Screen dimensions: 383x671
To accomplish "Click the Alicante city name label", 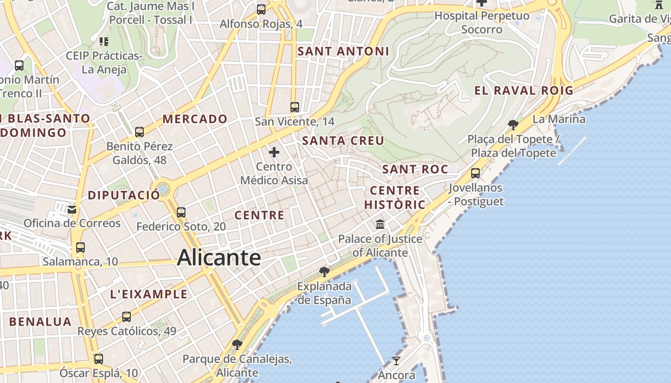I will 219,258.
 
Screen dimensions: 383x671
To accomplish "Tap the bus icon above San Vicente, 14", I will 295,107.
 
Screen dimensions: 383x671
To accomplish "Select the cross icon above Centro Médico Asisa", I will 274,152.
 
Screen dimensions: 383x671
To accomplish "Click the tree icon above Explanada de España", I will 324,272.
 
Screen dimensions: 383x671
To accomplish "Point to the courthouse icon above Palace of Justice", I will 381,224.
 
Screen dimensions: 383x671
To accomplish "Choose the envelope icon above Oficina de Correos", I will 72,209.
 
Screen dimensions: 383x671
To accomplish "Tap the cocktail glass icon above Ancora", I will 396,360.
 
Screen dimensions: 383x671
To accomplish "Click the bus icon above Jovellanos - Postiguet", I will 475,173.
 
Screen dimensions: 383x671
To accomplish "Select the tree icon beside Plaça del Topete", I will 513,125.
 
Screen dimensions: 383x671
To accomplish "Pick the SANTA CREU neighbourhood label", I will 343,141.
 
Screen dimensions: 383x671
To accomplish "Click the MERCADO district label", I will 195,119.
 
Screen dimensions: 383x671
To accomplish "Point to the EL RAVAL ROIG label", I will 524,90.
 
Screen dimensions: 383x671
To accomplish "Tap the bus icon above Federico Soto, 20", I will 181,212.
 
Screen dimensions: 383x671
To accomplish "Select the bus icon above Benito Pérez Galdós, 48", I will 139,132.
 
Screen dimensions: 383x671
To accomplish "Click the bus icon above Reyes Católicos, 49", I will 127,316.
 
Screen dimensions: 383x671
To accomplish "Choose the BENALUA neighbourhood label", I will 40,322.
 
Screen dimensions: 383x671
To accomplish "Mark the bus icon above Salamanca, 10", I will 81,248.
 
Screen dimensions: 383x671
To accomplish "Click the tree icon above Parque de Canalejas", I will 237,344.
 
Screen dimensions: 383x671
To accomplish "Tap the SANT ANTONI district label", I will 343,51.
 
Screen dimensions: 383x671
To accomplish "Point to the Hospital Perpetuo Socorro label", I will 482,23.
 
